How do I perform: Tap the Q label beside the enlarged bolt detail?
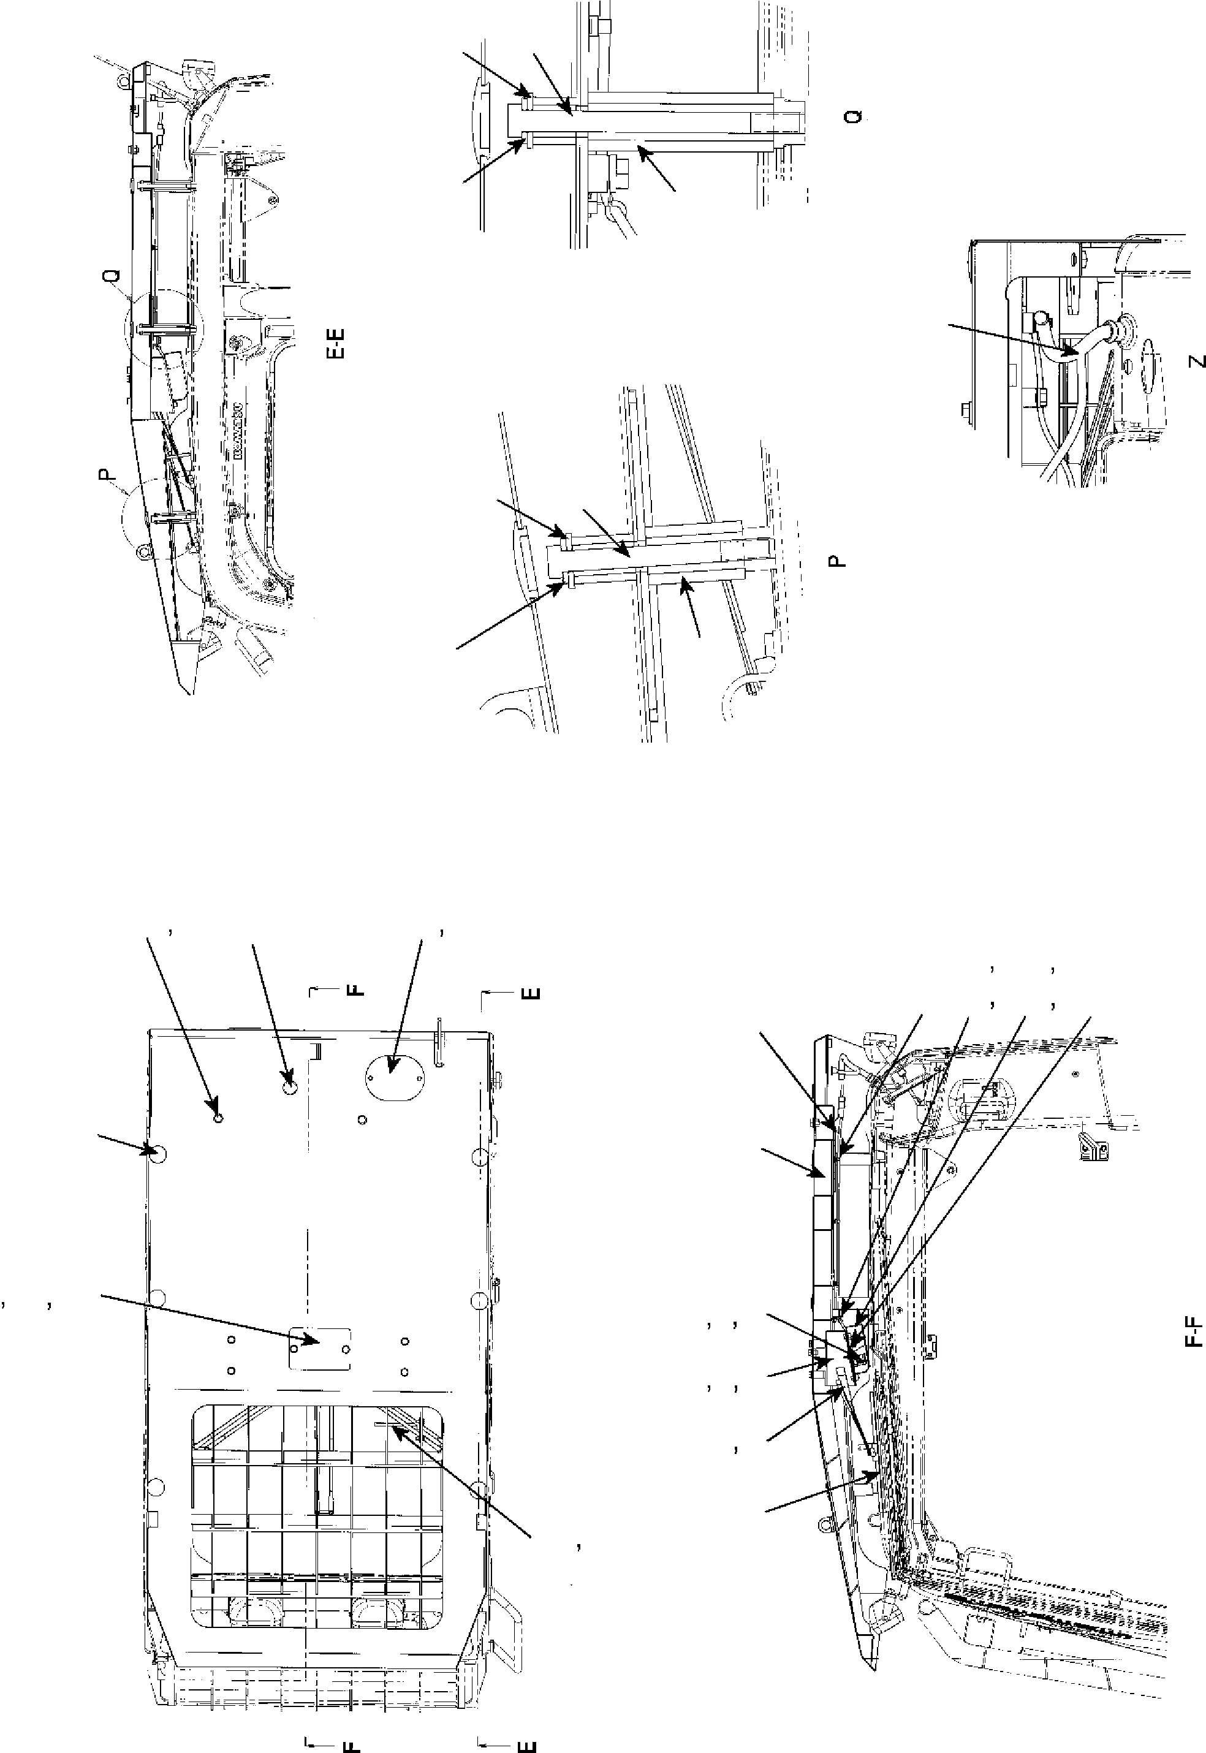coord(854,116)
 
